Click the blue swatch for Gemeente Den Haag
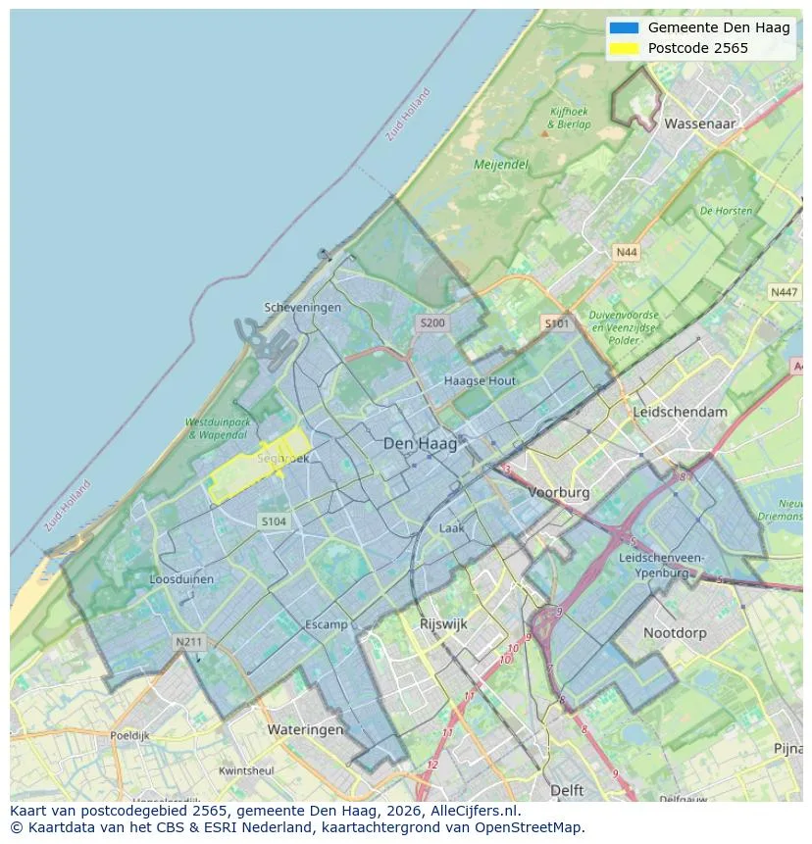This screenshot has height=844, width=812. [x=623, y=27]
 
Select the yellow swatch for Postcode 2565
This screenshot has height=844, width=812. [x=623, y=48]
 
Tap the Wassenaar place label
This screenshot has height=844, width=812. [x=699, y=124]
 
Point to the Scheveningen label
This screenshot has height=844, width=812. [x=303, y=307]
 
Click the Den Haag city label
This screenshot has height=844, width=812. [x=420, y=444]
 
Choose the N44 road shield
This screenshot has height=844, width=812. [x=626, y=253]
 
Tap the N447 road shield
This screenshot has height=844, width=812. [x=784, y=292]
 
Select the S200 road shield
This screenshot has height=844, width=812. [x=431, y=323]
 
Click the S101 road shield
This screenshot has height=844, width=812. [x=556, y=323]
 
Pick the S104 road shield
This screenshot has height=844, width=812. [x=274, y=521]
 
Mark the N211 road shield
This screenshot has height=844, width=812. [x=188, y=642]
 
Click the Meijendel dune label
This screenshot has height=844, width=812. [x=500, y=165]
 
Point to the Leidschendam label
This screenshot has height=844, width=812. [x=681, y=412]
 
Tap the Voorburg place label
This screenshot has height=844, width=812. [x=559, y=492]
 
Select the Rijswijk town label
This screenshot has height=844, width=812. [x=443, y=623]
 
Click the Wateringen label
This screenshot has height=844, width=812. [x=305, y=729]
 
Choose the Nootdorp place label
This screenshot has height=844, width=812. [x=675, y=633]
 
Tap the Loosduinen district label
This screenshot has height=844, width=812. [x=181, y=579]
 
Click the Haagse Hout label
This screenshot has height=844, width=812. [x=480, y=380]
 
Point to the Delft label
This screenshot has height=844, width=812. [x=567, y=789]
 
